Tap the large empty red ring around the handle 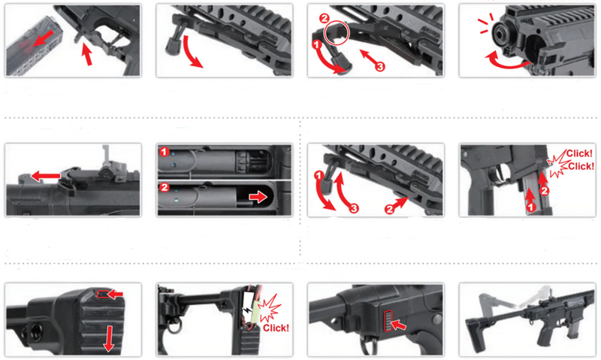(x=336, y=33)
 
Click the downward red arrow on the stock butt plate (x=109, y=339)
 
